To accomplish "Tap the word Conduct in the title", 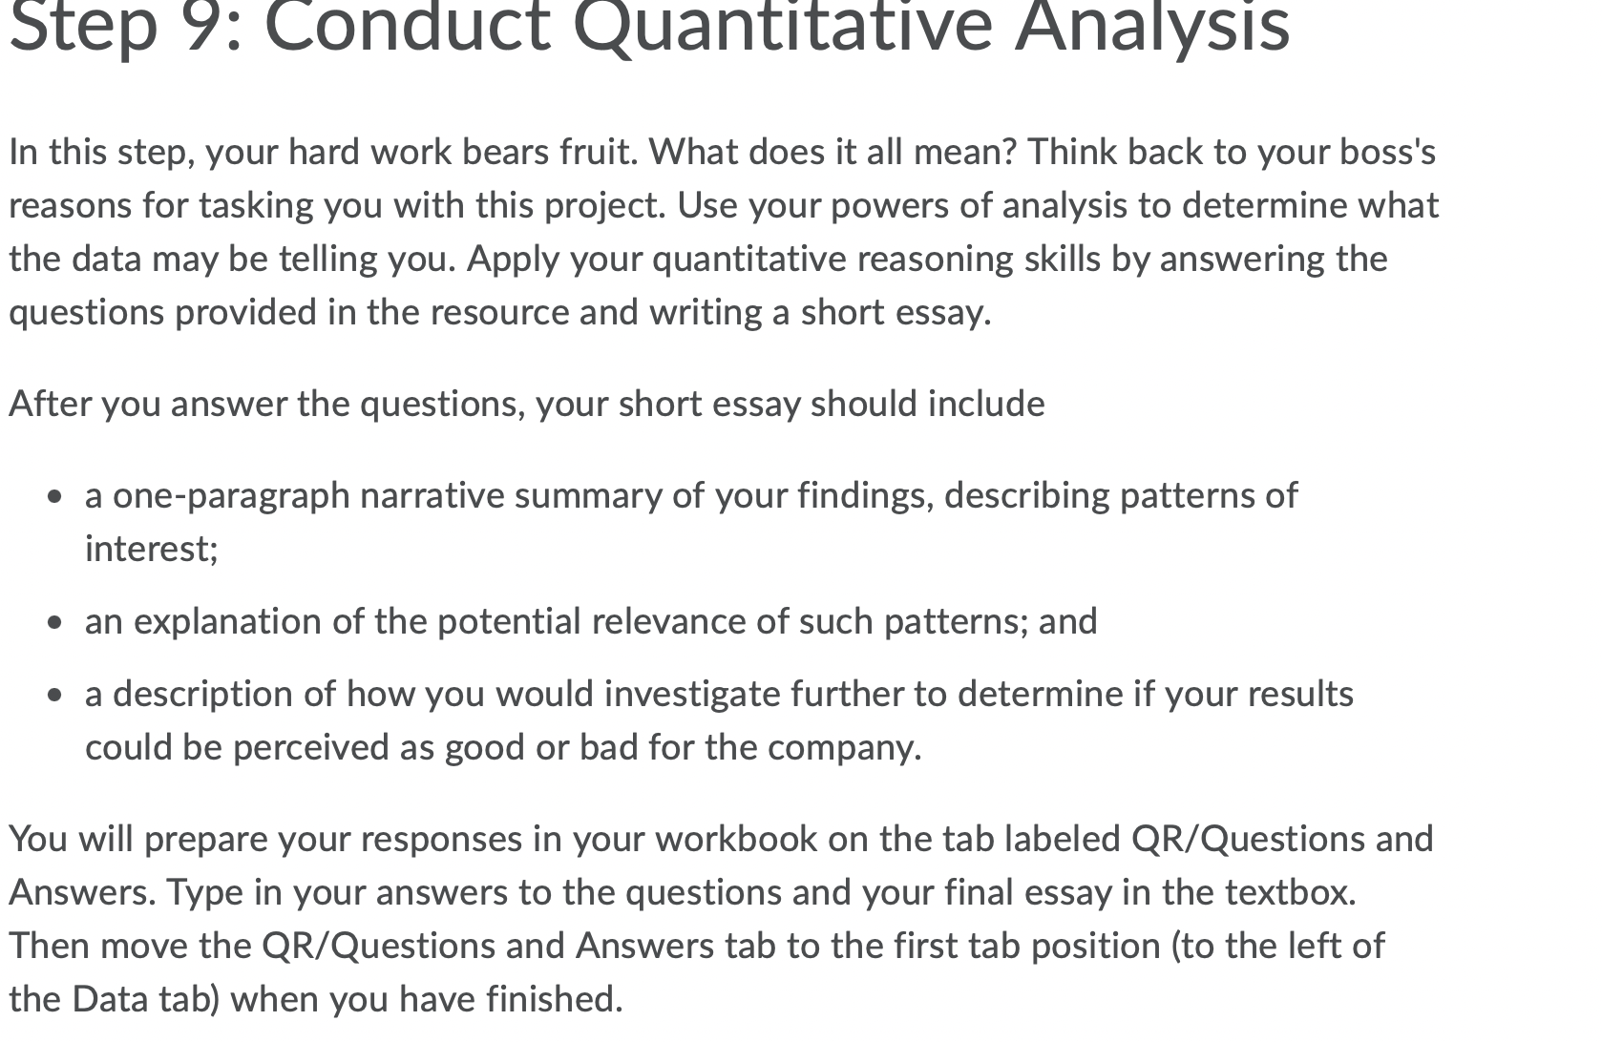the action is (x=409, y=26).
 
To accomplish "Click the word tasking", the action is (x=256, y=206).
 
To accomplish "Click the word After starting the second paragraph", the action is (x=50, y=404).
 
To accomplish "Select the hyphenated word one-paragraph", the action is (x=231, y=497).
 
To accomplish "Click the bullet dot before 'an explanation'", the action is (x=55, y=622).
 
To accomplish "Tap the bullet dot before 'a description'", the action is (x=55, y=695).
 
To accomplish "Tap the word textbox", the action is (x=1290, y=892).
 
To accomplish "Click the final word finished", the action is (x=555, y=999).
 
